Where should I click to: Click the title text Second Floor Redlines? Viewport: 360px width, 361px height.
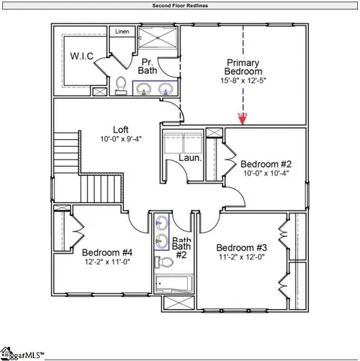(180, 5)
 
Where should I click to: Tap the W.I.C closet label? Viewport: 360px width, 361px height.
(81, 56)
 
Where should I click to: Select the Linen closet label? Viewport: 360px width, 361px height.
(122, 32)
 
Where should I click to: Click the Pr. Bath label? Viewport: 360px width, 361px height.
(146, 65)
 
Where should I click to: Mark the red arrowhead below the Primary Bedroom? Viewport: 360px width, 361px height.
(243, 118)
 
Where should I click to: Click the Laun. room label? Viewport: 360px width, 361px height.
(189, 159)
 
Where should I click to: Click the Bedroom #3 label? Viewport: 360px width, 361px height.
(241, 248)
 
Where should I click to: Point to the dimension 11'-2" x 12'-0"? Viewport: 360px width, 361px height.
(241, 257)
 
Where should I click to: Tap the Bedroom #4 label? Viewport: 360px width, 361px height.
(107, 252)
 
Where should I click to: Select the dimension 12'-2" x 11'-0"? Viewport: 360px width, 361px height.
(107, 262)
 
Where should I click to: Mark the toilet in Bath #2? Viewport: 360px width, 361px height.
(162, 263)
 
